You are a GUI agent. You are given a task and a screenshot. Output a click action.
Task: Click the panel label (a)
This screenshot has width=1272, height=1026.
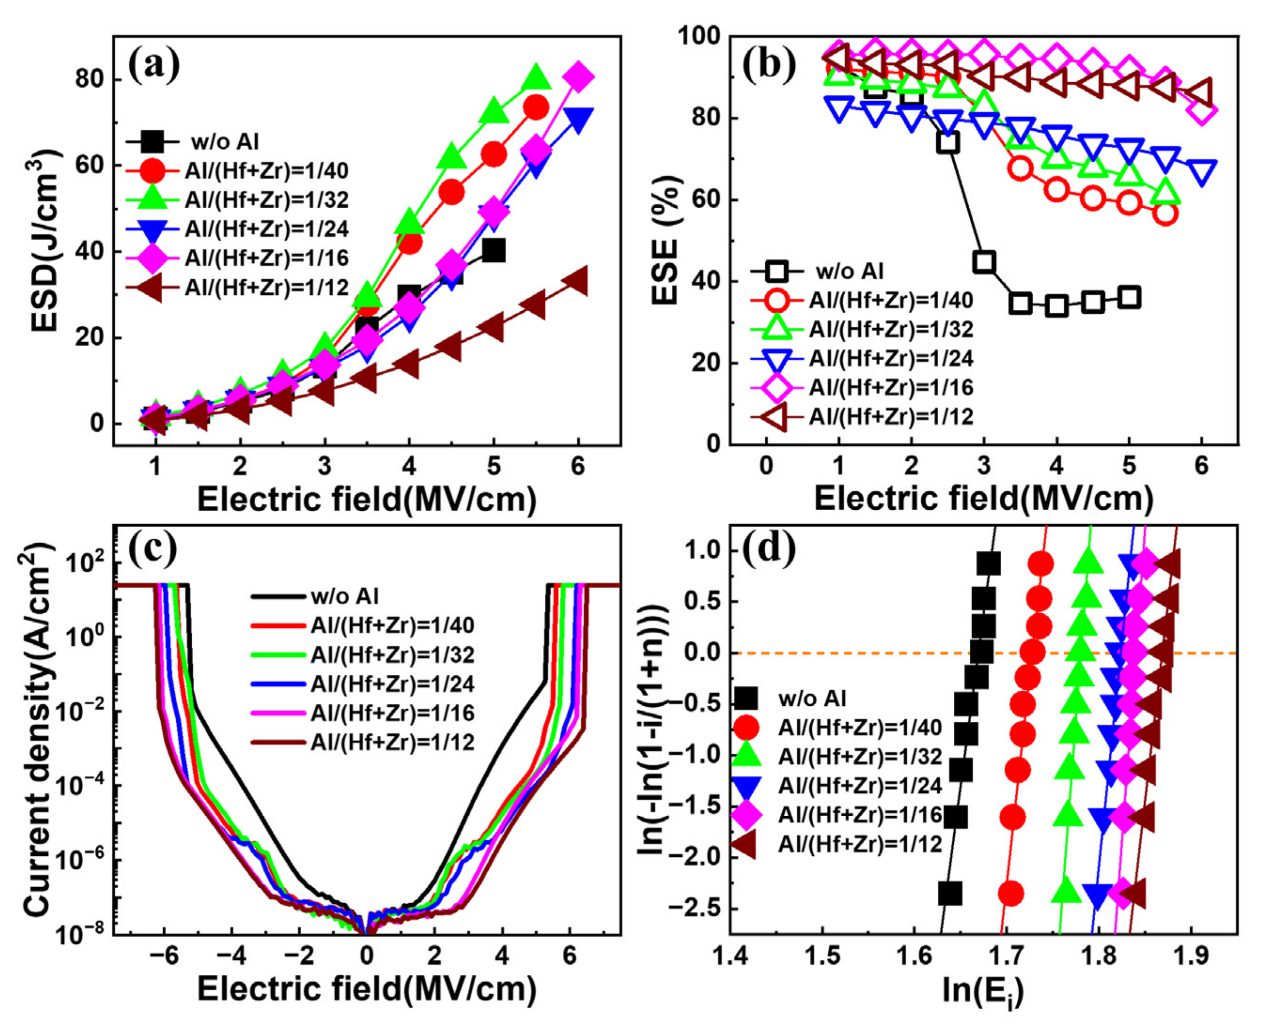tap(154, 66)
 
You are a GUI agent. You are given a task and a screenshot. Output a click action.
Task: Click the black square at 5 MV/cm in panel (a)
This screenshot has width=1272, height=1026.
tap(493, 251)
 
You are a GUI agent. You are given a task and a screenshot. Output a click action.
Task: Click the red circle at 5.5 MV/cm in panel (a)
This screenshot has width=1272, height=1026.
tap(536, 107)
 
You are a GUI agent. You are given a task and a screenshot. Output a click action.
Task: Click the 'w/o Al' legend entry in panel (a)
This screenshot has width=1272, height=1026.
tap(225, 142)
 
